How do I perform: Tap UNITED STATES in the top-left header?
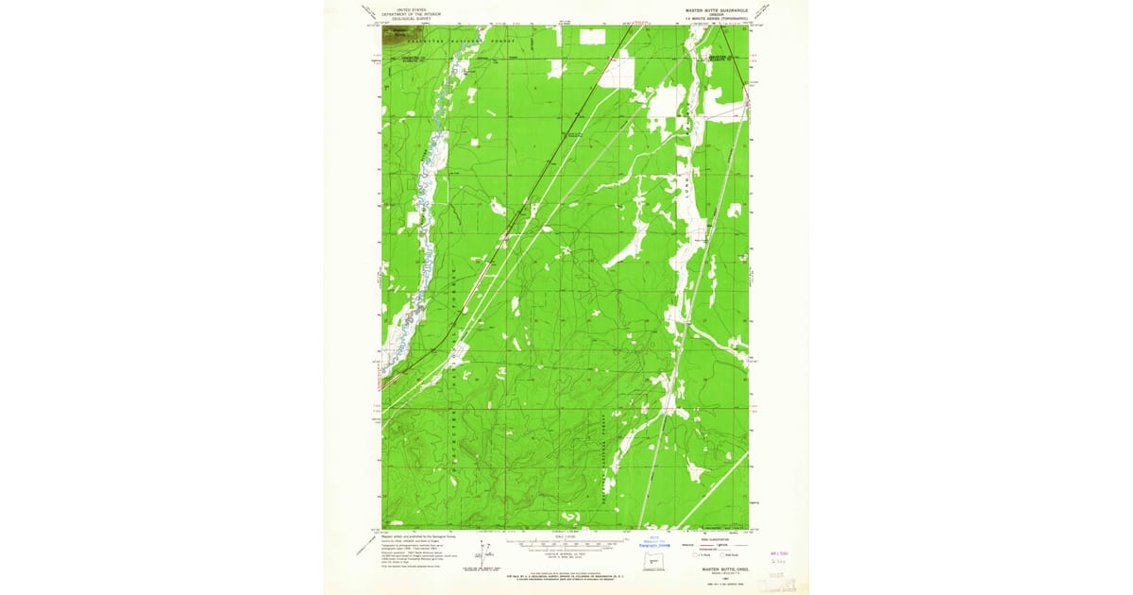(412, 9)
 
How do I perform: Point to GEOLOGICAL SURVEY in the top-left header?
(412, 18)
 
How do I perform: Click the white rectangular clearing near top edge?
(592, 36)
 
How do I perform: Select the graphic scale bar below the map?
(566, 544)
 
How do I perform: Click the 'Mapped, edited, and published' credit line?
(415, 535)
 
